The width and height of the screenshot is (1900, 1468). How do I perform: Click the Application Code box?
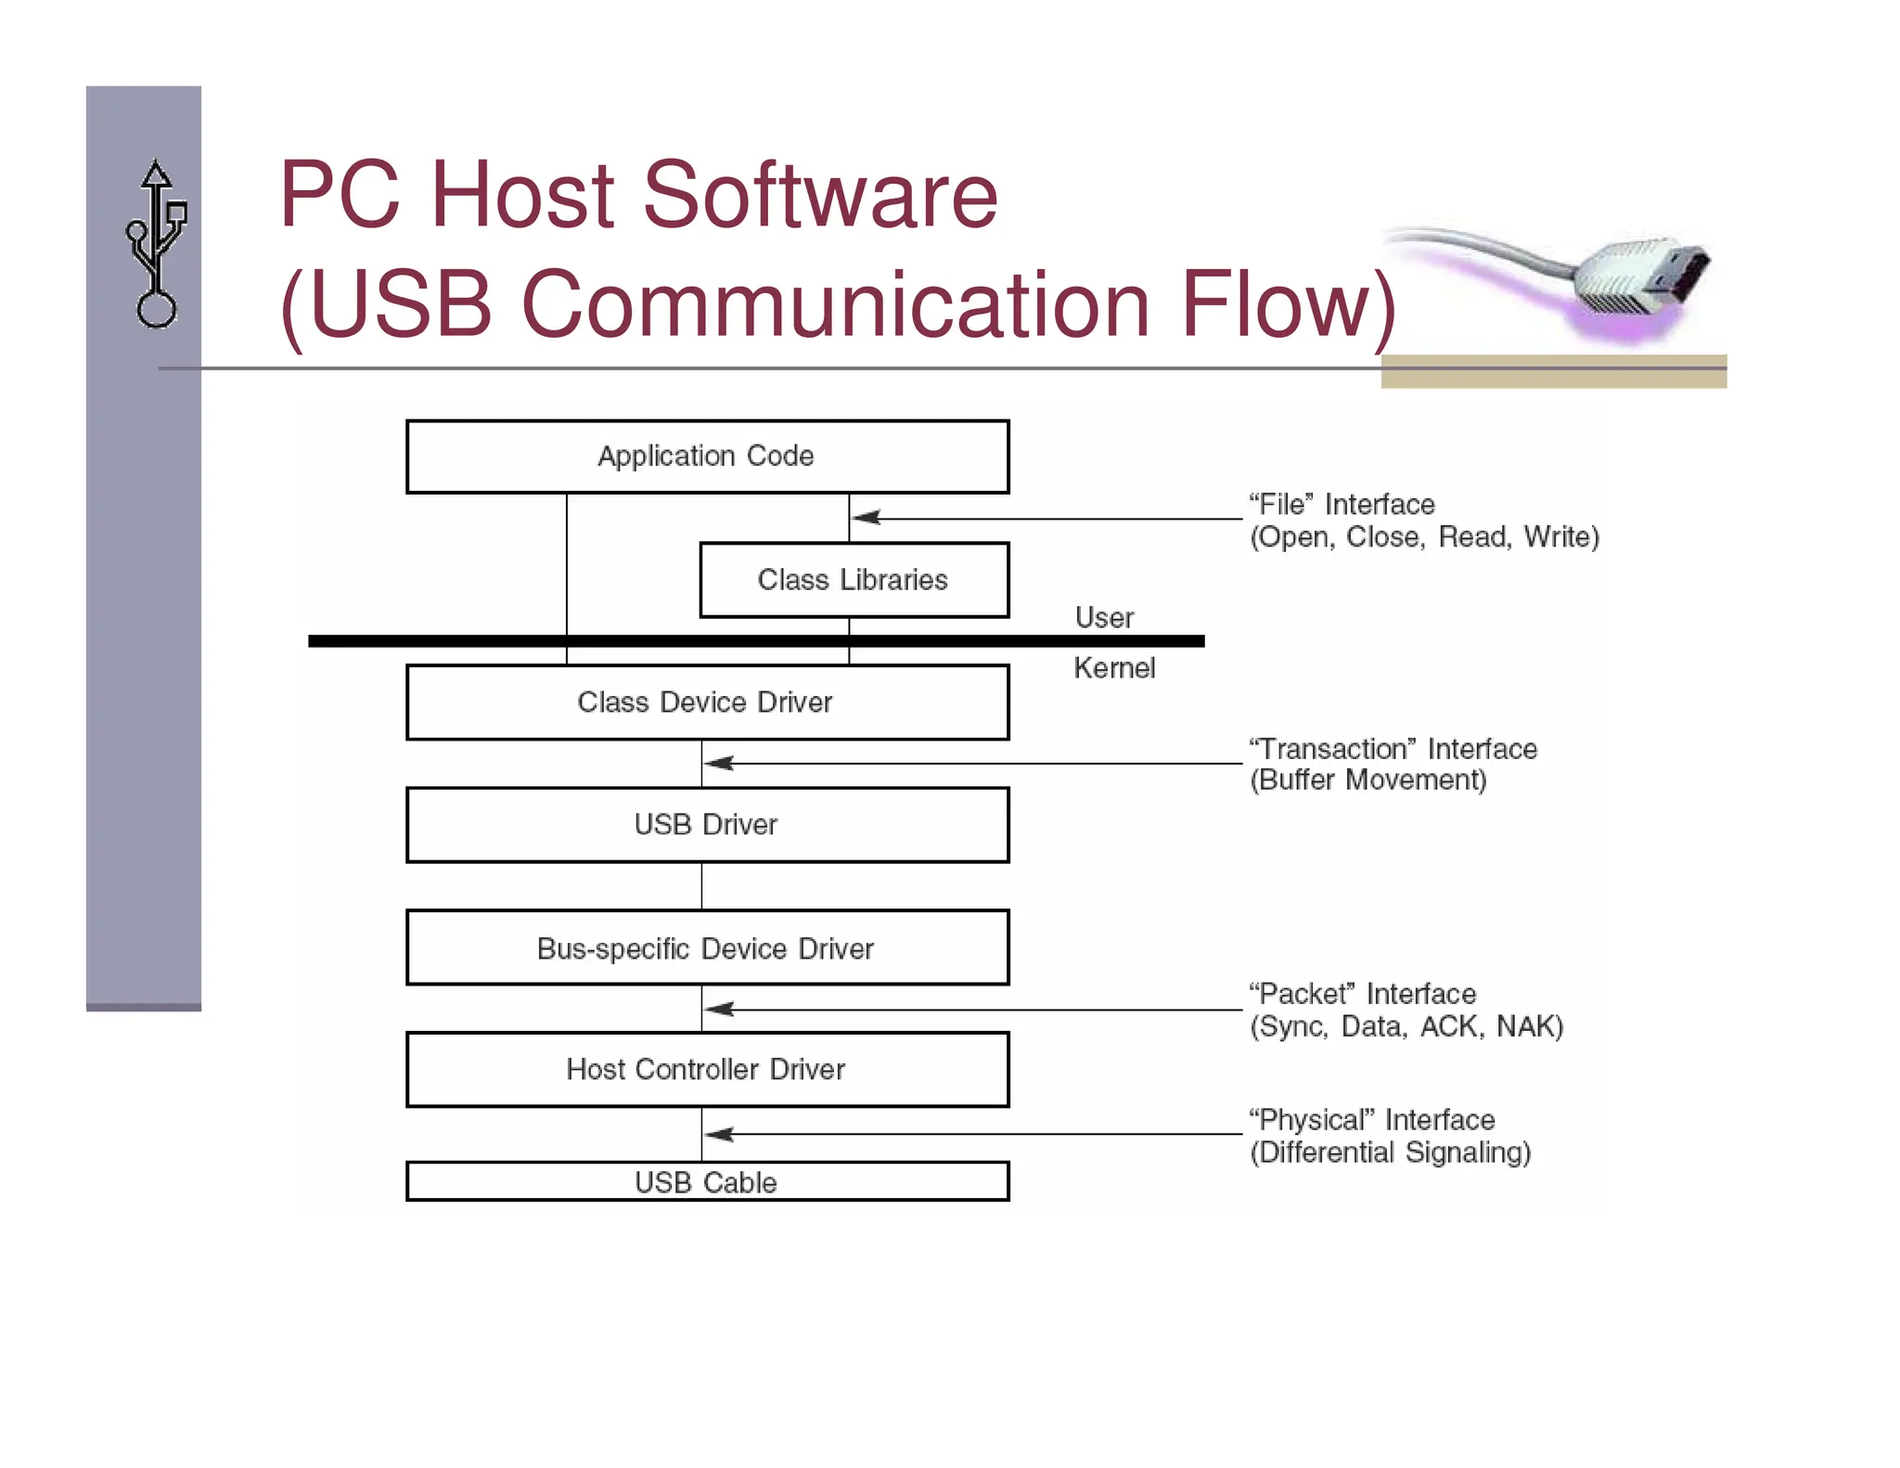point(707,457)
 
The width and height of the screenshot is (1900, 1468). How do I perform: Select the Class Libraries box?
point(854,580)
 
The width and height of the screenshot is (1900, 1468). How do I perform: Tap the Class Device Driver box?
point(707,702)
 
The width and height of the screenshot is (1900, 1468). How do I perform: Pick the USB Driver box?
point(707,825)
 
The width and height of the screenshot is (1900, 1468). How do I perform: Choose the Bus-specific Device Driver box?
point(707,947)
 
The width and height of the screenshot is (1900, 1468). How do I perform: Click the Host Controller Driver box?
point(707,1070)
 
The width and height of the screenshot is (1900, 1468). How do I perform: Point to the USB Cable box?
point(707,1182)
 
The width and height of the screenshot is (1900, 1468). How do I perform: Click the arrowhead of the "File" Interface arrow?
point(865,518)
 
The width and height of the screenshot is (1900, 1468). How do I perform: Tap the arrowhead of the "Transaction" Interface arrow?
point(718,764)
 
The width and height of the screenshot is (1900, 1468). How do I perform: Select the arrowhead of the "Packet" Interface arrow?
point(718,1009)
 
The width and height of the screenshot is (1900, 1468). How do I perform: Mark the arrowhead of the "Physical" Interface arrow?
point(718,1134)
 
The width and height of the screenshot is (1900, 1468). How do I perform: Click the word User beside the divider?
point(1104,618)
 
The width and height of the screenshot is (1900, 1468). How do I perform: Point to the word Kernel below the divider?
point(1114,668)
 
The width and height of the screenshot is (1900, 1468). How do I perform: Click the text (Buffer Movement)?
point(1367,780)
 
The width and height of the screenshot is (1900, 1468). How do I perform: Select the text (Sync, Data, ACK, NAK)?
point(1406,1026)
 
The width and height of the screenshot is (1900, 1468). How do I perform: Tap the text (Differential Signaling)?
point(1390,1153)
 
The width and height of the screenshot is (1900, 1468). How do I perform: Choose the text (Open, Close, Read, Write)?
point(1424,537)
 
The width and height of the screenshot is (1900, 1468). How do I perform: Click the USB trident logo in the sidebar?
point(156,244)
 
